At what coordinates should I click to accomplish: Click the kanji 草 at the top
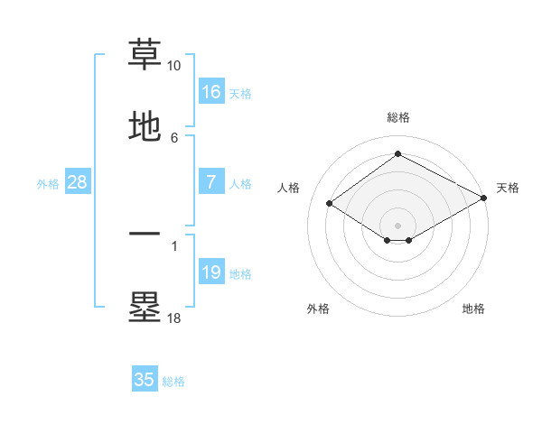[x=145, y=55]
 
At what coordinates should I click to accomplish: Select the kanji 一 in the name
[x=145, y=234]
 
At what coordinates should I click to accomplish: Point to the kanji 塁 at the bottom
[x=145, y=307]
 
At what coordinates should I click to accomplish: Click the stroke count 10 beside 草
[x=174, y=66]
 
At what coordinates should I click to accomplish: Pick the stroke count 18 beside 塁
[x=174, y=318]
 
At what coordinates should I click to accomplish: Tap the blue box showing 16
[x=211, y=92]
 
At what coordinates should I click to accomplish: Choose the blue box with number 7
[x=211, y=182]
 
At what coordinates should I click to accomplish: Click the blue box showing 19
[x=211, y=272]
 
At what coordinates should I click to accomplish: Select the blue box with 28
[x=78, y=182]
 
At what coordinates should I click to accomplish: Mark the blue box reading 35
[x=145, y=380]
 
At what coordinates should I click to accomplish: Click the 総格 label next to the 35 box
[x=173, y=382]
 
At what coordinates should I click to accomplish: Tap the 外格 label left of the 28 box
[x=48, y=184]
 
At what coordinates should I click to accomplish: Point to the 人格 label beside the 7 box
[x=240, y=184]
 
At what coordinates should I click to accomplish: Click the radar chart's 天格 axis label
[x=508, y=188]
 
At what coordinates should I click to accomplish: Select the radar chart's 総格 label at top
[x=397, y=117]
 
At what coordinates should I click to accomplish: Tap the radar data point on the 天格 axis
[x=485, y=198]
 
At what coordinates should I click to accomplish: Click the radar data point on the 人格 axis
[x=330, y=204]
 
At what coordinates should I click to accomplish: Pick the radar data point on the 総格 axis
[x=397, y=154]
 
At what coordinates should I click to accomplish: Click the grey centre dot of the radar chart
[x=397, y=225]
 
